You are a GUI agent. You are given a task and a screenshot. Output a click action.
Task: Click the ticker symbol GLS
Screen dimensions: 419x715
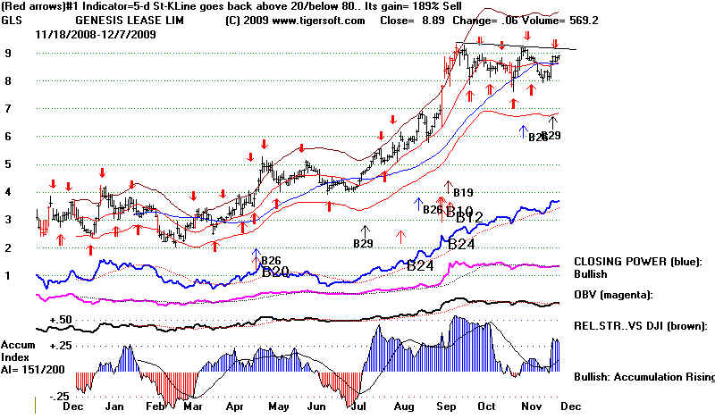12,20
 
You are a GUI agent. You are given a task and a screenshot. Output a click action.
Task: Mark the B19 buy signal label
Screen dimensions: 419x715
462,192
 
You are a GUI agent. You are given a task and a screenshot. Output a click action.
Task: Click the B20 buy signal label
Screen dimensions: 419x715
274,272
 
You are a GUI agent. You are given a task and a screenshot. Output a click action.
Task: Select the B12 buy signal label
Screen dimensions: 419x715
469,217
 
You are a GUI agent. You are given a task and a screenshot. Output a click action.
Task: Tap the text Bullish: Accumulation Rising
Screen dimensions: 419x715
641,378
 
